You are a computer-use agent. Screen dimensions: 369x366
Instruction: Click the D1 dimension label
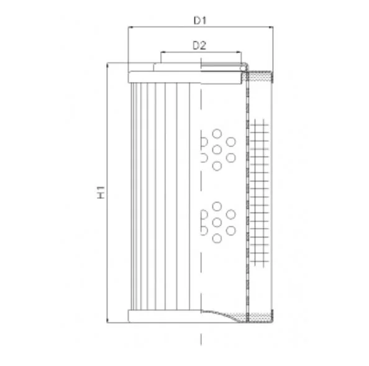(200, 21)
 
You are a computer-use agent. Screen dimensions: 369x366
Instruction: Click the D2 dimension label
(199, 45)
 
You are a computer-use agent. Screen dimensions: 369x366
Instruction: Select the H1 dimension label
(101, 192)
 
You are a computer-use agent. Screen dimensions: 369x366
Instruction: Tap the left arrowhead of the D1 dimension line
(130, 27)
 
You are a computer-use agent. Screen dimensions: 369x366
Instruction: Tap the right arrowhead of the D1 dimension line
(271, 27)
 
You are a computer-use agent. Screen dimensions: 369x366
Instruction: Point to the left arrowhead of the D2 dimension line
(163, 52)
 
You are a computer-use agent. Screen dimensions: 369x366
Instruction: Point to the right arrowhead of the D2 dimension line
(239, 52)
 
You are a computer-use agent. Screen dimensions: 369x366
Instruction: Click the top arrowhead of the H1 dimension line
(107, 65)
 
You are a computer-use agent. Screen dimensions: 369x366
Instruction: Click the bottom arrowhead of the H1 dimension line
(107, 321)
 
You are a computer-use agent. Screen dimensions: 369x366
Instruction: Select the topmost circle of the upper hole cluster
(217, 134)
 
